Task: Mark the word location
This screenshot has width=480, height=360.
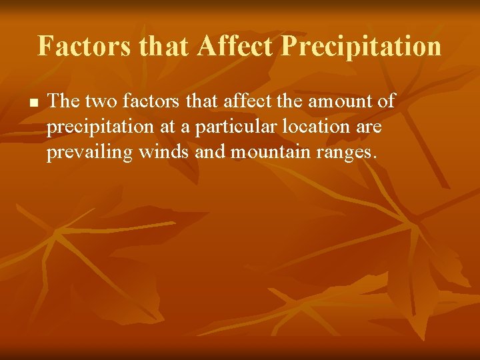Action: (315, 127)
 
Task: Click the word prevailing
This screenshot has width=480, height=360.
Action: (90, 153)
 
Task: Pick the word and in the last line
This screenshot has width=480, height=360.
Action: (210, 153)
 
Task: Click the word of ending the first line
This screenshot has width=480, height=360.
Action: (386, 101)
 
